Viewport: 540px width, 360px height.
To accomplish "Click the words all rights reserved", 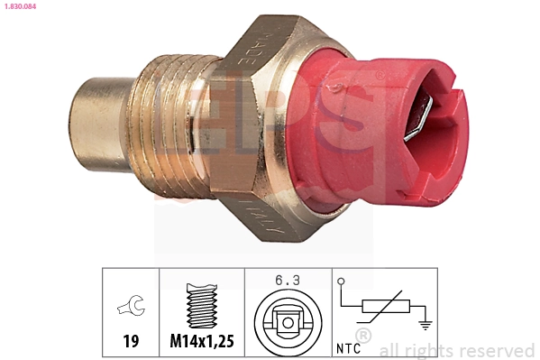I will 457,350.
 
